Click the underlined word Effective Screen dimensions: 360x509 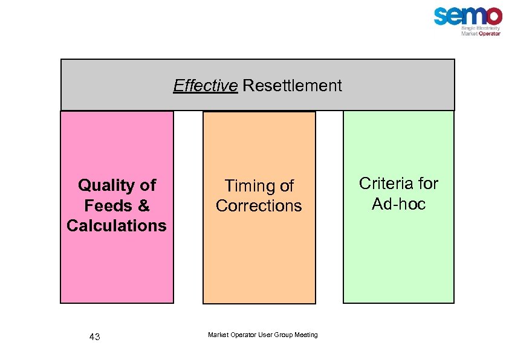click(x=205, y=86)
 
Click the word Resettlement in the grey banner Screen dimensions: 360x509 click(x=292, y=86)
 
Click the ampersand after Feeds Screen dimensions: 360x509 click(x=143, y=205)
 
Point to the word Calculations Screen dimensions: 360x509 click(x=116, y=226)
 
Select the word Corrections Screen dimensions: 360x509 click(x=259, y=206)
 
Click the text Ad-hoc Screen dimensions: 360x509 click(x=398, y=204)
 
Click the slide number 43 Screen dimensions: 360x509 click(x=94, y=337)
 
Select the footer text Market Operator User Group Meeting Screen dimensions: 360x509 click(x=262, y=335)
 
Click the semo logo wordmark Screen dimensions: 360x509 click(x=467, y=16)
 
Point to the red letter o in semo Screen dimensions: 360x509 click(x=492, y=16)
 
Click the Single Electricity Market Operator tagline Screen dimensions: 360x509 click(x=481, y=31)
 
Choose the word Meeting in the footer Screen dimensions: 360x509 click(x=306, y=335)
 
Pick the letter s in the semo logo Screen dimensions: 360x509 click(x=441, y=16)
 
